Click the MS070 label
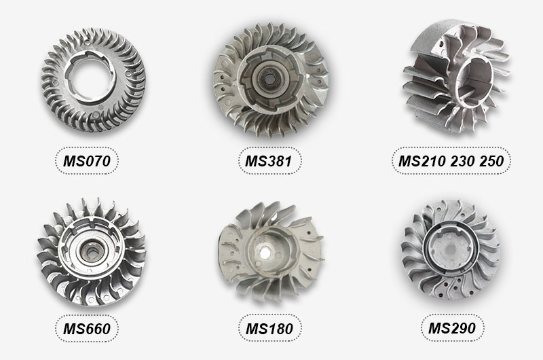[87, 161]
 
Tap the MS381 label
[269, 161]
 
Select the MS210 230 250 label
[451, 161]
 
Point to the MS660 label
[87, 329]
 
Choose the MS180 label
[269, 329]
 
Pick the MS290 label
[452, 328]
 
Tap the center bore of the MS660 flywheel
[92, 253]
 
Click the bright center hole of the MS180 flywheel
[267, 253]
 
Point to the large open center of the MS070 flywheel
[92, 82]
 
